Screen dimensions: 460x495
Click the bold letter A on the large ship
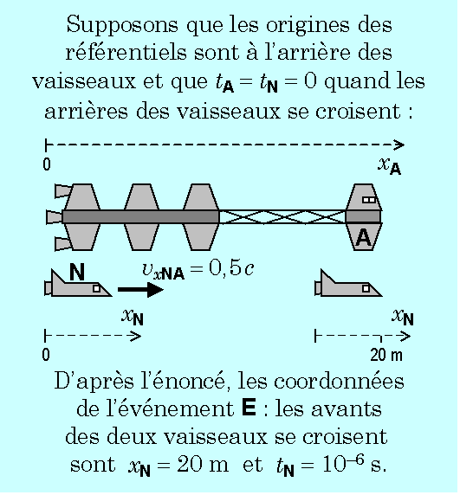point(363,237)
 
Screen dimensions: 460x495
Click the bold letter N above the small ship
point(77,272)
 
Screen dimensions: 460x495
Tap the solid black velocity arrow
point(140,290)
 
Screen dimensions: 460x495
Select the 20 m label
point(386,355)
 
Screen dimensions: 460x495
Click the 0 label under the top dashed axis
point(47,164)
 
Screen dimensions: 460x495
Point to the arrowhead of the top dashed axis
point(399,145)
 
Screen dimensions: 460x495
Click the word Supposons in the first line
point(122,25)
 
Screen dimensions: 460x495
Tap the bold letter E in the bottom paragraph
point(249,408)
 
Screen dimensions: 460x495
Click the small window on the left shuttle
point(97,288)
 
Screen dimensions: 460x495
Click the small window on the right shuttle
point(366,288)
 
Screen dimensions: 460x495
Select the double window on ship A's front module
point(369,200)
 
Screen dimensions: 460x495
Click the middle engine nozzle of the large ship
point(55,217)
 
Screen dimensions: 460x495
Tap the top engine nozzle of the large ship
point(63,191)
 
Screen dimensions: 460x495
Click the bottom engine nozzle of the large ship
point(63,244)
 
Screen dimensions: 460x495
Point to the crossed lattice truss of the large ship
point(282,217)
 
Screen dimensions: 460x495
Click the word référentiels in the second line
point(126,53)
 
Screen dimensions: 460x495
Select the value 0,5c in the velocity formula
point(231,269)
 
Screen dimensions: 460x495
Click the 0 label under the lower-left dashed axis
point(46,355)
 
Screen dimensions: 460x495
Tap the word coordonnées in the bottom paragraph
point(339,381)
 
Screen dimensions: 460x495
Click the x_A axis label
point(389,166)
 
